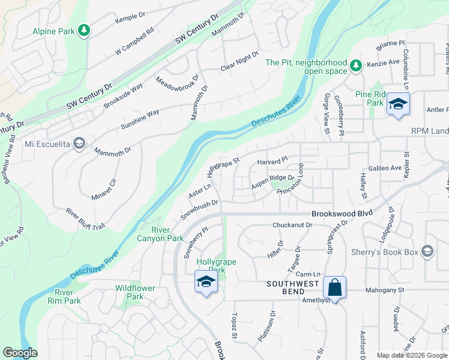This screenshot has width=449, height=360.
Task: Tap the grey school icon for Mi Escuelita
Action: tap(79, 143)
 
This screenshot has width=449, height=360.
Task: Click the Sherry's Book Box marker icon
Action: tap(427, 251)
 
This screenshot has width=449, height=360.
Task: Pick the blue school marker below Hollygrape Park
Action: tap(205, 281)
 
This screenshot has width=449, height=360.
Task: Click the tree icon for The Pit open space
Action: tap(356, 64)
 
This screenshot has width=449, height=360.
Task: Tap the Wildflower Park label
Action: tap(135, 292)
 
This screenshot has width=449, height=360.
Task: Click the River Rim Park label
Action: tap(68, 296)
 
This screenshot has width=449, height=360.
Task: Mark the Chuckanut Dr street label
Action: tap(292, 225)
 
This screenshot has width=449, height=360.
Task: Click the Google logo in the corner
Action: tap(20, 353)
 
